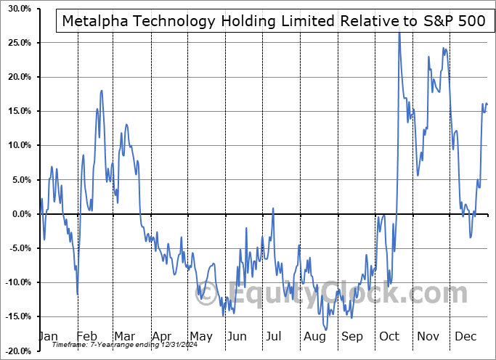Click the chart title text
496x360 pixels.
click(x=274, y=21)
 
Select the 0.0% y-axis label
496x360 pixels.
click(x=18, y=213)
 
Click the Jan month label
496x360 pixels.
click(x=48, y=337)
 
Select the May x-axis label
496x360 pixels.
click(x=201, y=337)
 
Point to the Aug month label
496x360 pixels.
click(x=315, y=337)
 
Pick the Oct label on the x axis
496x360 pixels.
click(x=390, y=337)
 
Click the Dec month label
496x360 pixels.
click(x=465, y=337)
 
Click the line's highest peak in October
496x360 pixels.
click(x=399, y=33)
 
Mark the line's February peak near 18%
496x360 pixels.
click(x=102, y=90)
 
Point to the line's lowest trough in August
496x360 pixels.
click(x=326, y=330)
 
